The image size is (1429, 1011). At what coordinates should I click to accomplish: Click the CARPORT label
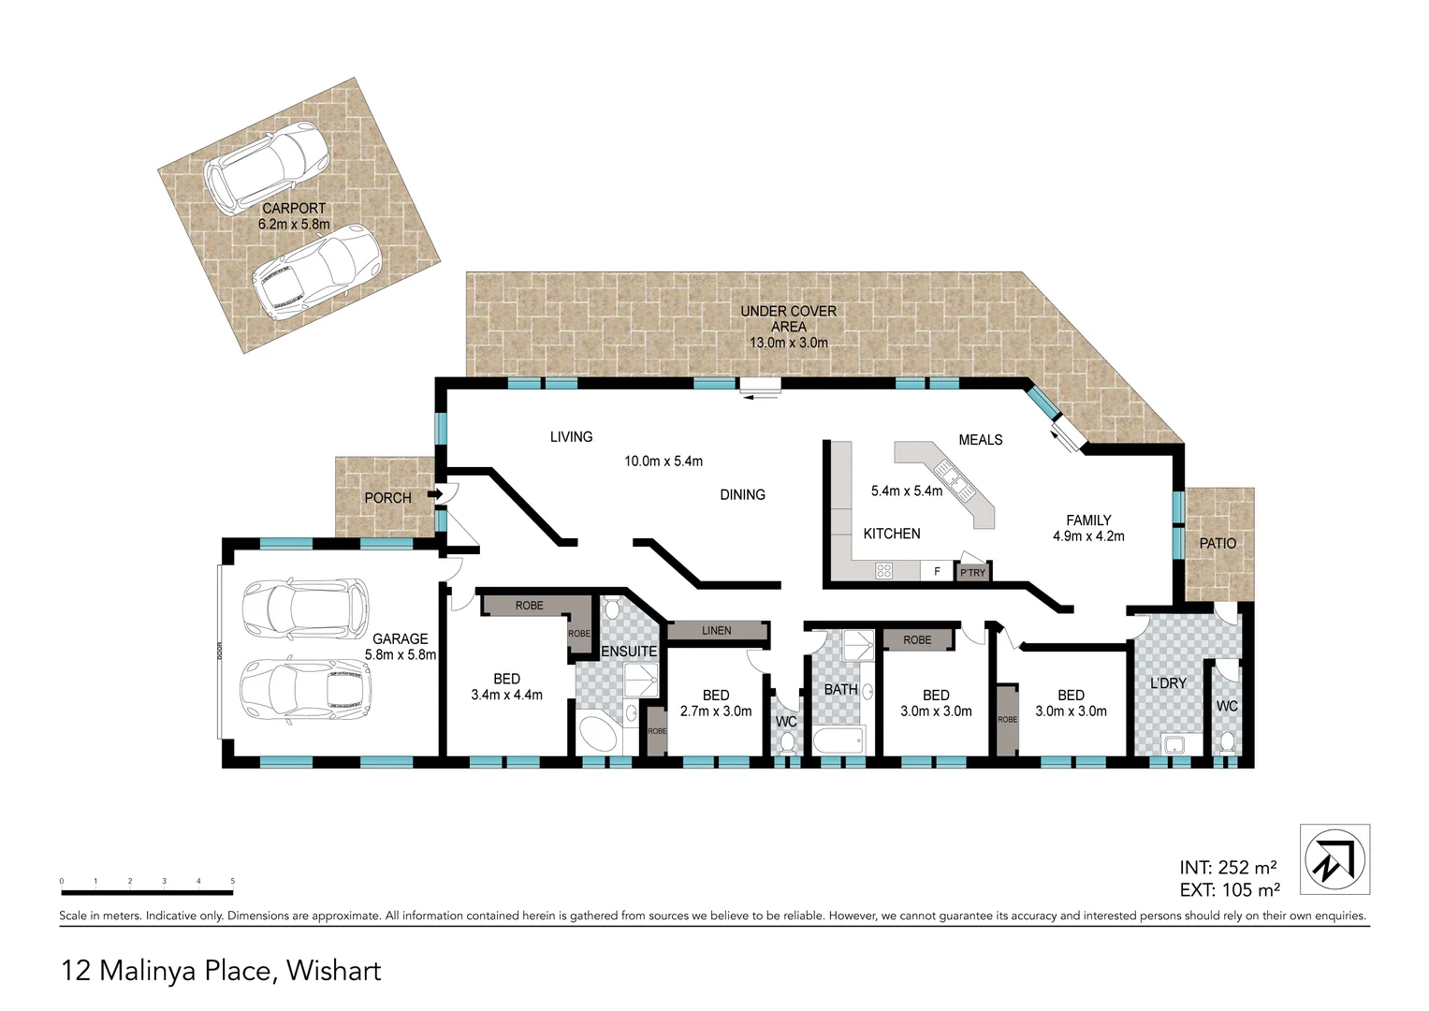(294, 209)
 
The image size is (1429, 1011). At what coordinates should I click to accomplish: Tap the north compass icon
(1335, 858)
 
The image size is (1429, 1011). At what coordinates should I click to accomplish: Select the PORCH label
(387, 498)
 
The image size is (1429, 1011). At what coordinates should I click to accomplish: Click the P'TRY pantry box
(972, 572)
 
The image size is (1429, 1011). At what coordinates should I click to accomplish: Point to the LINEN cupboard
(717, 631)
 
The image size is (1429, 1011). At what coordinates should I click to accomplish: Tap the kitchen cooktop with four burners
(883, 570)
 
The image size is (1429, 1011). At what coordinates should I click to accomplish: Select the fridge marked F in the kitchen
(936, 571)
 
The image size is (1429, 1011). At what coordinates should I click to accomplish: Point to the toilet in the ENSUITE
(611, 610)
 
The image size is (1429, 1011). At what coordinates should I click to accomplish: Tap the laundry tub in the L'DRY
(1174, 745)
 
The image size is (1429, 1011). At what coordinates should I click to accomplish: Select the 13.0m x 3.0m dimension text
(788, 343)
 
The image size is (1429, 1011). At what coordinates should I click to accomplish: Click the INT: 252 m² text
(1229, 867)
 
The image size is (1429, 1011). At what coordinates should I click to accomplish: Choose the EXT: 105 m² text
(1229, 890)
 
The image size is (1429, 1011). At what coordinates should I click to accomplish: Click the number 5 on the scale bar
(232, 882)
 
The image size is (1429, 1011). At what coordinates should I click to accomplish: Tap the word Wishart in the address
(334, 971)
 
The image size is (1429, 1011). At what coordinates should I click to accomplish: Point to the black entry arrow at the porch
(435, 493)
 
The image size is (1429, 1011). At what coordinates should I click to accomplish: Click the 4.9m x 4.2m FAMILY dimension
(1088, 536)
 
